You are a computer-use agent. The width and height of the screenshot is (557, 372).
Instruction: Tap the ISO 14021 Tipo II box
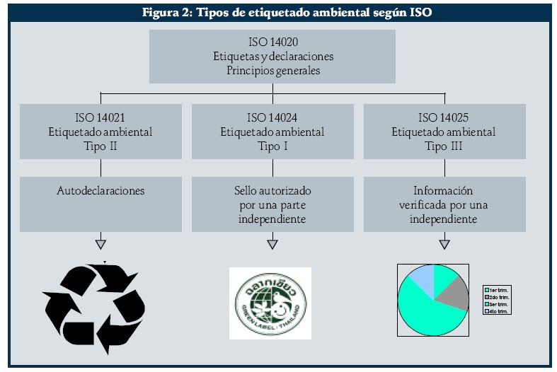(x=101, y=132)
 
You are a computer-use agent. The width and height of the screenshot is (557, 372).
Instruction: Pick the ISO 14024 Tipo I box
(x=272, y=132)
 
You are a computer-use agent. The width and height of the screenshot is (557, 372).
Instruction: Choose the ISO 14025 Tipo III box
(x=444, y=132)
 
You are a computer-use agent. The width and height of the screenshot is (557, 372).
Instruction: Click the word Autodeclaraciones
(x=101, y=191)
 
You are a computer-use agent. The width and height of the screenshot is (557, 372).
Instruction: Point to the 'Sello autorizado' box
(x=272, y=204)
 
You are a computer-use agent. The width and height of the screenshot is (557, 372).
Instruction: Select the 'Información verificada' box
(x=444, y=204)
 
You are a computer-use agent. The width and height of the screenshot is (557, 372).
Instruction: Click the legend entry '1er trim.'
(x=498, y=290)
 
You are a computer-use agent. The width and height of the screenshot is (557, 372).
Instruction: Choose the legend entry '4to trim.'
(x=498, y=310)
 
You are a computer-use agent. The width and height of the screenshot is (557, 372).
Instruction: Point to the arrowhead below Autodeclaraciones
(x=101, y=245)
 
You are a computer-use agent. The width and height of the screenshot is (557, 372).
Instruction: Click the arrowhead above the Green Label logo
(x=272, y=245)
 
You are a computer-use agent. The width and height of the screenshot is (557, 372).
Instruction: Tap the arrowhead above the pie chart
(x=444, y=245)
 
